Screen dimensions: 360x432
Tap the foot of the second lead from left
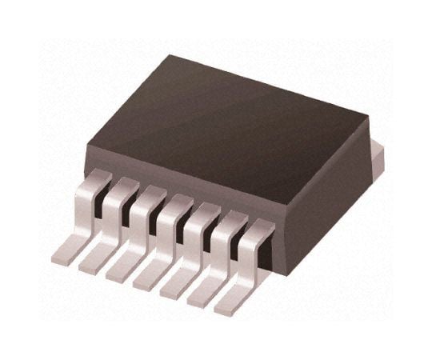point(93,262)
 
